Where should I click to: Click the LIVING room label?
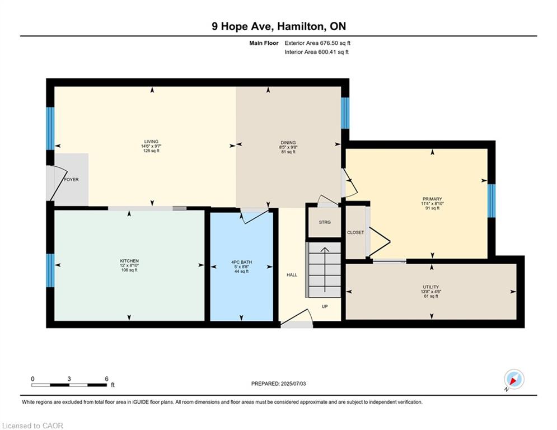pyautogui.click(x=151, y=142)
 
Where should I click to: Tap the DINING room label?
pyautogui.click(x=288, y=143)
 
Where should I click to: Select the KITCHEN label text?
pyautogui.click(x=129, y=261)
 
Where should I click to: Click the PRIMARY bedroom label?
pyautogui.click(x=432, y=199)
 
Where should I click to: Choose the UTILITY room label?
pyautogui.click(x=430, y=287)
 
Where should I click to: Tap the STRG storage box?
pyautogui.click(x=325, y=222)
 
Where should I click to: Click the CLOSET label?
pyautogui.click(x=355, y=232)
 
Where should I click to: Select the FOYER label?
pyautogui.click(x=71, y=180)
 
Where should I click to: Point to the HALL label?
pyautogui.click(x=292, y=274)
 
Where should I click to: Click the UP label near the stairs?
pyautogui.click(x=324, y=306)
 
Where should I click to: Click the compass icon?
pyautogui.click(x=513, y=379)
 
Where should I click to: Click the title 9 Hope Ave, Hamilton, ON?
pyautogui.click(x=278, y=26)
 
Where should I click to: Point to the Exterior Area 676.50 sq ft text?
pyautogui.click(x=317, y=43)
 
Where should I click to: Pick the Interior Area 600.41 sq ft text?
pyautogui.click(x=316, y=52)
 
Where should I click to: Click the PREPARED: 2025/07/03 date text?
pyautogui.click(x=278, y=384)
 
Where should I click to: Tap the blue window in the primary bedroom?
pyautogui.click(x=491, y=200)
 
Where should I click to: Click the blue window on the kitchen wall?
pyautogui.click(x=50, y=270)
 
